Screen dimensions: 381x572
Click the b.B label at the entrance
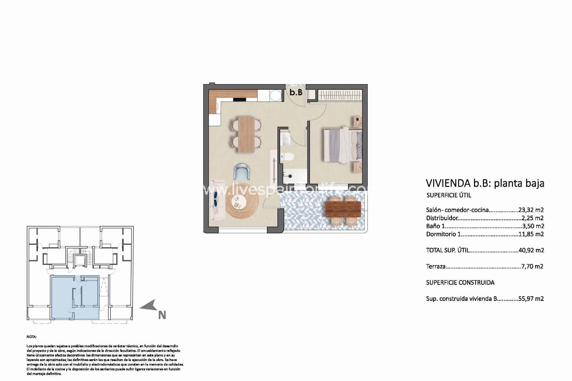296,92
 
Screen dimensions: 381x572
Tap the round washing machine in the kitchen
274,95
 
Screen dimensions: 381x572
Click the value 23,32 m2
531,210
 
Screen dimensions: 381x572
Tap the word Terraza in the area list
436,266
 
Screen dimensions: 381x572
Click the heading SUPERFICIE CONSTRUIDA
460,282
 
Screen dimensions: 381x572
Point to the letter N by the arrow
162,315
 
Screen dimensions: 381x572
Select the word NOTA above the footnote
31,337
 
